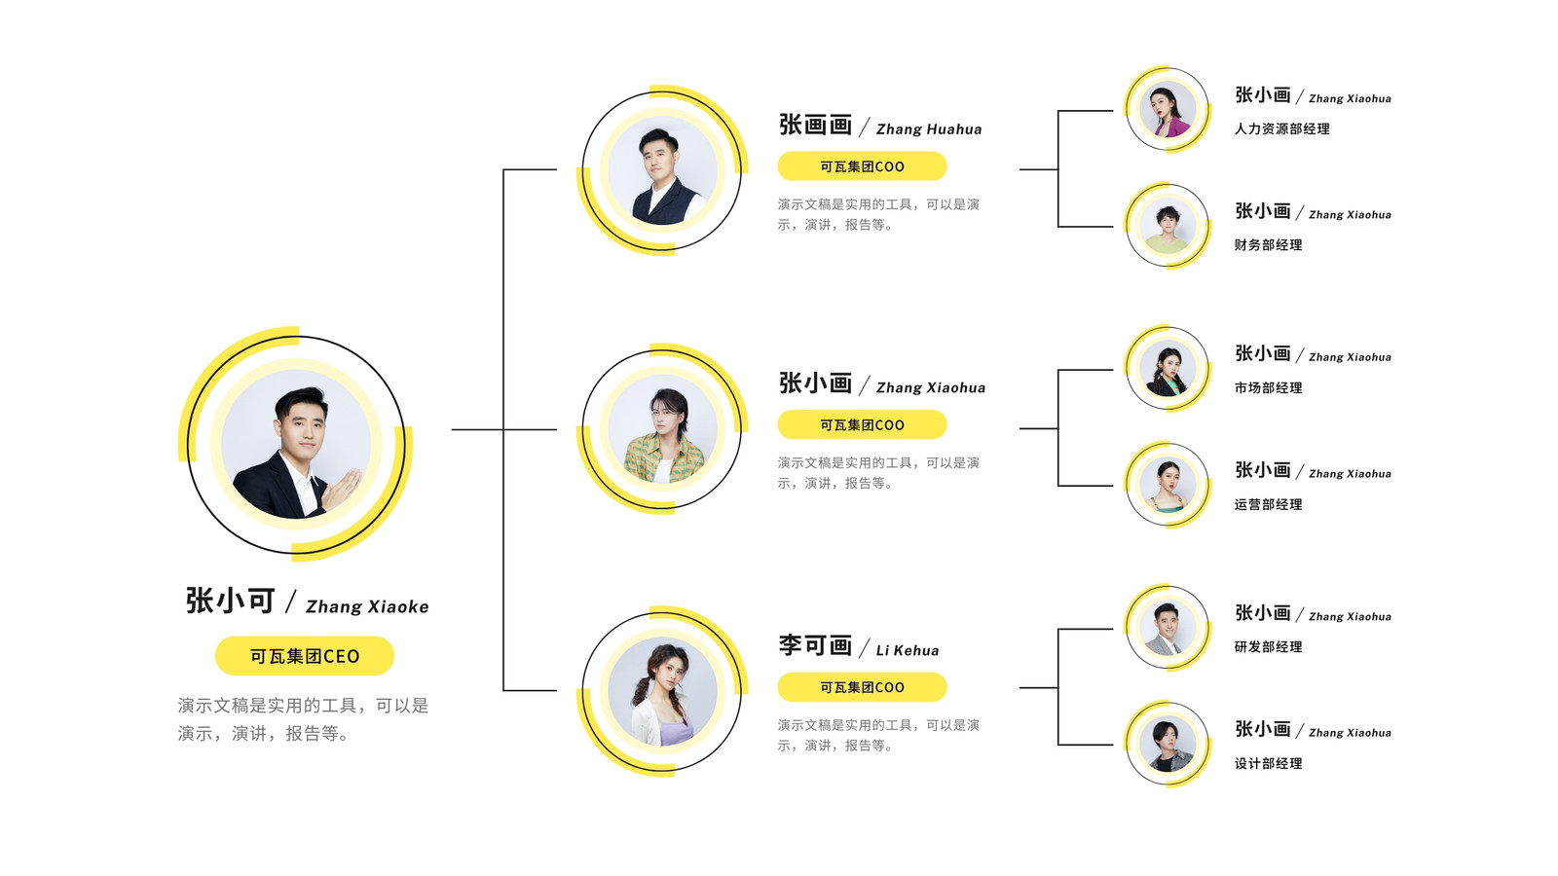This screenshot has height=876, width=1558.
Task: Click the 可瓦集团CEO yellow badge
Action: pos(305,656)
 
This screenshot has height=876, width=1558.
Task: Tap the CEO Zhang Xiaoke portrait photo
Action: pos(296,444)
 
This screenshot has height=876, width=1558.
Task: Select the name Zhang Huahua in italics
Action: pos(929,129)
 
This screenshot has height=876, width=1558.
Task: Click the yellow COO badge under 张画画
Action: pos(862,166)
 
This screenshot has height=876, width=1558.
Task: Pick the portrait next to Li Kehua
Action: pos(662,692)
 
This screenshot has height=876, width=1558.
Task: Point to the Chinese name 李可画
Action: pos(815,646)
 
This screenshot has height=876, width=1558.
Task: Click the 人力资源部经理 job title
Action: pos(1281,128)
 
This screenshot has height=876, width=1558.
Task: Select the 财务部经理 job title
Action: pos(1268,244)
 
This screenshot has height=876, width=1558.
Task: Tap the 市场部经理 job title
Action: pos(1268,388)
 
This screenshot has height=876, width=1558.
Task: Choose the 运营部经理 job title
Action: pos(1268,504)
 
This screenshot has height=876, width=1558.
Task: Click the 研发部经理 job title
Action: pos(1268,646)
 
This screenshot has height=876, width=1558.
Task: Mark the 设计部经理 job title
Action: pos(1268,763)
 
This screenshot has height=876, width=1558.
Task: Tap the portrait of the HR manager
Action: pos(1168,109)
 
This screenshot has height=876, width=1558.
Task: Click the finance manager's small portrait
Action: pos(1168,225)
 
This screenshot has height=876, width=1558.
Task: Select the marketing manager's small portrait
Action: pos(1168,368)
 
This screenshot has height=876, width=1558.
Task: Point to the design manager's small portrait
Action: pos(1168,744)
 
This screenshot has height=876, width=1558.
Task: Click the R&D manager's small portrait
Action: pos(1168,628)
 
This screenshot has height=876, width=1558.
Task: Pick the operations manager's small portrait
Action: pos(1168,485)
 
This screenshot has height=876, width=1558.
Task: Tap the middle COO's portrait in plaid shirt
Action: pos(662,429)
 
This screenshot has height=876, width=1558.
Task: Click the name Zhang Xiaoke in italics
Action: pos(367,607)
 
